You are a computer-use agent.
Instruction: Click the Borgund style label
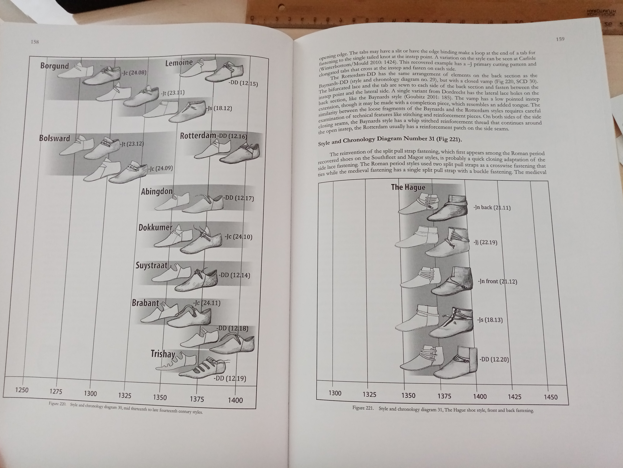point(54,66)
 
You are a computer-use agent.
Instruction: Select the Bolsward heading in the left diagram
point(54,138)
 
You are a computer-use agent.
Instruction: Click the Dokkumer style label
point(155,227)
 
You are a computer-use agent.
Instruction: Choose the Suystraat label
point(152,265)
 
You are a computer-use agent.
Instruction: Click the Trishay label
point(163,354)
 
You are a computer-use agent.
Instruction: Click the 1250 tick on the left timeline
point(22,390)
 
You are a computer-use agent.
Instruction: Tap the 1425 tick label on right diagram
point(515,397)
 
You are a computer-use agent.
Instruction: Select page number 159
point(560,39)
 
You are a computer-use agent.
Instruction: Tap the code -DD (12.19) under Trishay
point(230,378)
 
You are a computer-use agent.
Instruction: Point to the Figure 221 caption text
point(443,409)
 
